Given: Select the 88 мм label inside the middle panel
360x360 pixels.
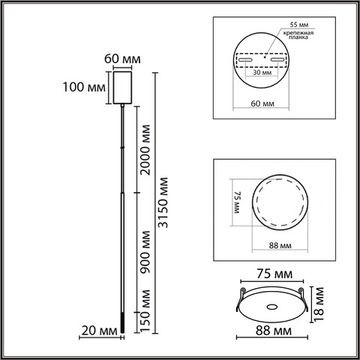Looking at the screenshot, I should tap(279, 243).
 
